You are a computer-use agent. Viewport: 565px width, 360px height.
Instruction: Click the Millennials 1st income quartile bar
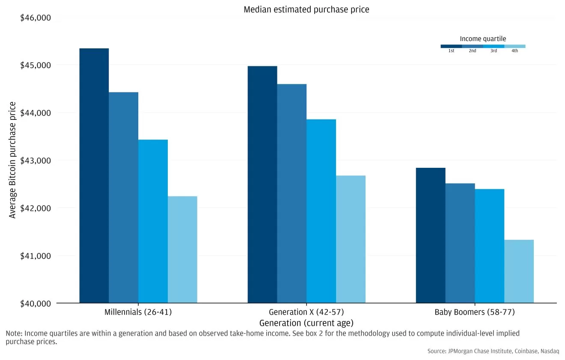click(x=94, y=176)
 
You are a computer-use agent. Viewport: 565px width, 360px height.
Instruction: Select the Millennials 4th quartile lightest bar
click(x=182, y=250)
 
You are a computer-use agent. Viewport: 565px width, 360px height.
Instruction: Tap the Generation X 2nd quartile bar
click(x=292, y=193)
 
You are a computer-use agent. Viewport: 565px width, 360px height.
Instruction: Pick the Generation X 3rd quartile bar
click(x=321, y=211)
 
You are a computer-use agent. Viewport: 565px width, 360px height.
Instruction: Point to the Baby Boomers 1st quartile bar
click(x=431, y=235)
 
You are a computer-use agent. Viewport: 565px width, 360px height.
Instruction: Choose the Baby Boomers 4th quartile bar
click(x=519, y=271)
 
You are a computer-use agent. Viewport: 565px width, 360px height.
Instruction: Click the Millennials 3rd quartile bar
click(x=153, y=221)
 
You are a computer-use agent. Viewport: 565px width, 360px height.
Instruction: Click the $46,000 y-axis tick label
click(x=36, y=18)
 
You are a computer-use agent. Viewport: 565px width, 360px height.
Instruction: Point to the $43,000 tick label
click(x=36, y=161)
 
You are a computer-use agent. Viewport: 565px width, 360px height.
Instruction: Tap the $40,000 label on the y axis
click(x=36, y=303)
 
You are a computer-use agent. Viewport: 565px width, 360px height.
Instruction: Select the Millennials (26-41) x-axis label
click(x=138, y=312)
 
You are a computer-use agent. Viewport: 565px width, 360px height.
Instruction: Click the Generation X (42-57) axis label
click(x=306, y=312)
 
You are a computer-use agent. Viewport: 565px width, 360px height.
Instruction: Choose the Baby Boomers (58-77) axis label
click(x=474, y=312)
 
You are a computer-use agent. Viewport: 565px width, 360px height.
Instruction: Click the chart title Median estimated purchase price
click(x=306, y=9)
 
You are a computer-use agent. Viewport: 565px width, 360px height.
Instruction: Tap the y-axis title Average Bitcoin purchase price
click(x=13, y=160)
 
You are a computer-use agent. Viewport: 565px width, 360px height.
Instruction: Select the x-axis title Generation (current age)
click(x=306, y=323)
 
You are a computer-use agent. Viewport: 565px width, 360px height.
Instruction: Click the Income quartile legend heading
click(x=483, y=39)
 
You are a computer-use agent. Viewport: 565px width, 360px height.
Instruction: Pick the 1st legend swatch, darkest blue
click(x=451, y=46)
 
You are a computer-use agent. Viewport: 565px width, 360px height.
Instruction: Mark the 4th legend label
click(x=514, y=51)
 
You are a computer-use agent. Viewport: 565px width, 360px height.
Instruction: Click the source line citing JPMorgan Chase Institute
click(x=493, y=351)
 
